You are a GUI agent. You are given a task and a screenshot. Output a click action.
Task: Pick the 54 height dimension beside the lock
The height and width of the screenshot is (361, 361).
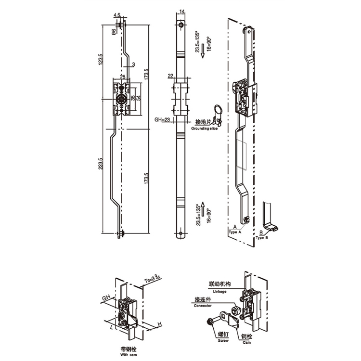(139, 97)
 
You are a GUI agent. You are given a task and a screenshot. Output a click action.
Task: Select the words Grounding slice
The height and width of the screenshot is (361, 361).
(204, 129)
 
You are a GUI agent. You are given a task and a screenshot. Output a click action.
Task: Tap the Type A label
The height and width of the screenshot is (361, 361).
(234, 232)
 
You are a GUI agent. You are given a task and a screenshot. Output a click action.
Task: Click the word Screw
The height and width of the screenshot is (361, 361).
(222, 340)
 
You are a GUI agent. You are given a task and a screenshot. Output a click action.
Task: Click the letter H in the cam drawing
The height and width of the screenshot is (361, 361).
(159, 324)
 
